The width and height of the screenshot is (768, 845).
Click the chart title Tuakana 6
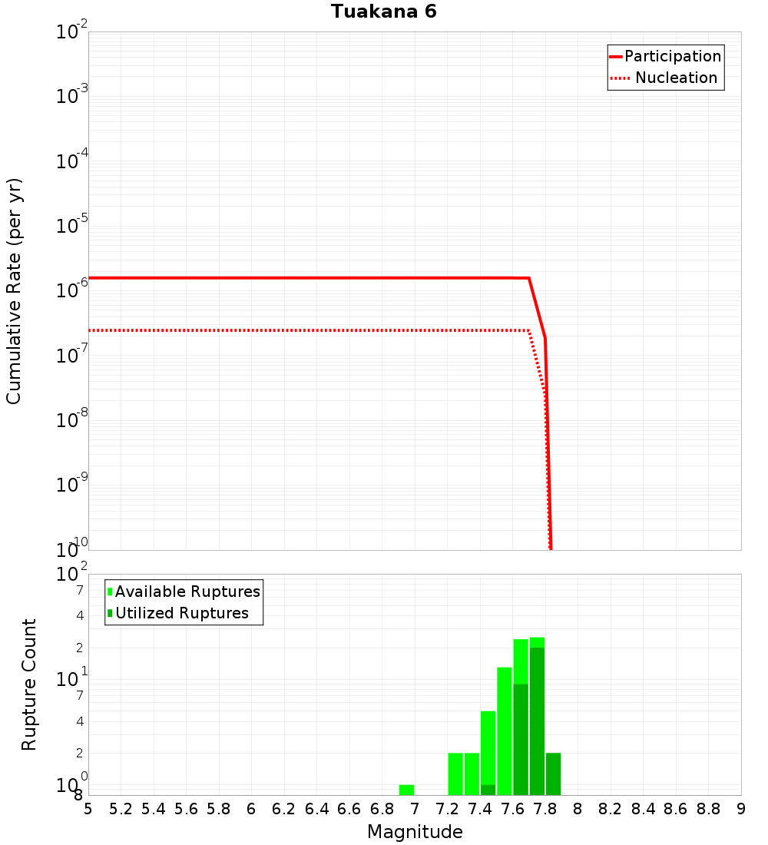coord(384,12)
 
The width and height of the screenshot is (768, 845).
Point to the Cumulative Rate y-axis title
coord(14,291)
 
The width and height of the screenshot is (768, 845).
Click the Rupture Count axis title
coord(29,684)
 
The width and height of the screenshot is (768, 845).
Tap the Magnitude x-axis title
coord(415,832)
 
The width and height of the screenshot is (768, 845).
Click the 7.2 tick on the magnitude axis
coord(447,809)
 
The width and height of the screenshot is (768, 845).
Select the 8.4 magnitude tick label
coord(644,809)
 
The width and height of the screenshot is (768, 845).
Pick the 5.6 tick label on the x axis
coord(186,809)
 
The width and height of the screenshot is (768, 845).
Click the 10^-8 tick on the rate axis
coord(73,421)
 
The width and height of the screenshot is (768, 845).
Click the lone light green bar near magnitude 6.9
coord(406,790)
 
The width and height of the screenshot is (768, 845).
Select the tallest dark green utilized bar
coord(537,721)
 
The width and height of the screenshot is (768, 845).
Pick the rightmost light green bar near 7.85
coord(553,774)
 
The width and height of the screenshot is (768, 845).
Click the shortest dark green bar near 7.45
coord(488,790)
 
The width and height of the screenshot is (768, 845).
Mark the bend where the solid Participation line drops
coord(529,278)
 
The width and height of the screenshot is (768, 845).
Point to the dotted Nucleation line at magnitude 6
coord(251,330)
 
